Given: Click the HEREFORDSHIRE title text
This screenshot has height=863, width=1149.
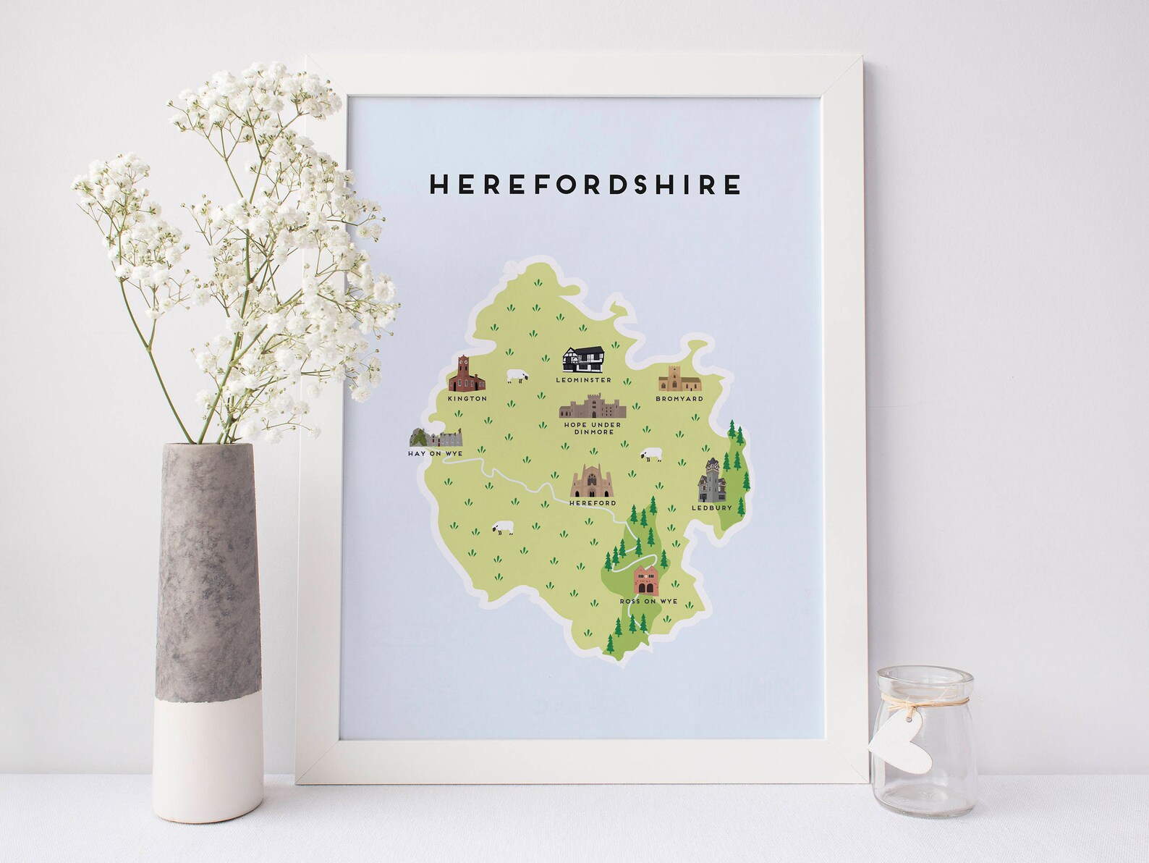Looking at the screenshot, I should [x=585, y=185].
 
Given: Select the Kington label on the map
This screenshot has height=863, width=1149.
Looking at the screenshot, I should [x=467, y=398].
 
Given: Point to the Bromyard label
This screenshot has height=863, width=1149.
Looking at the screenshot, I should [x=679, y=398].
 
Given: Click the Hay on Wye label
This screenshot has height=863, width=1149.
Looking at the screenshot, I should [x=434, y=453].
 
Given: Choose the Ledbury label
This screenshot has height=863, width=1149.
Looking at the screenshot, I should [x=712, y=508].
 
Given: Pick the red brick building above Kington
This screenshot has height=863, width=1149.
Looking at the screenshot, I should [x=466, y=375].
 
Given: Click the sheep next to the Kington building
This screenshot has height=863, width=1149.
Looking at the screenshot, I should [x=517, y=376].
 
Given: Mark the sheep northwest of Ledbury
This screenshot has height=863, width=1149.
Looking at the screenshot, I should [x=650, y=455].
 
